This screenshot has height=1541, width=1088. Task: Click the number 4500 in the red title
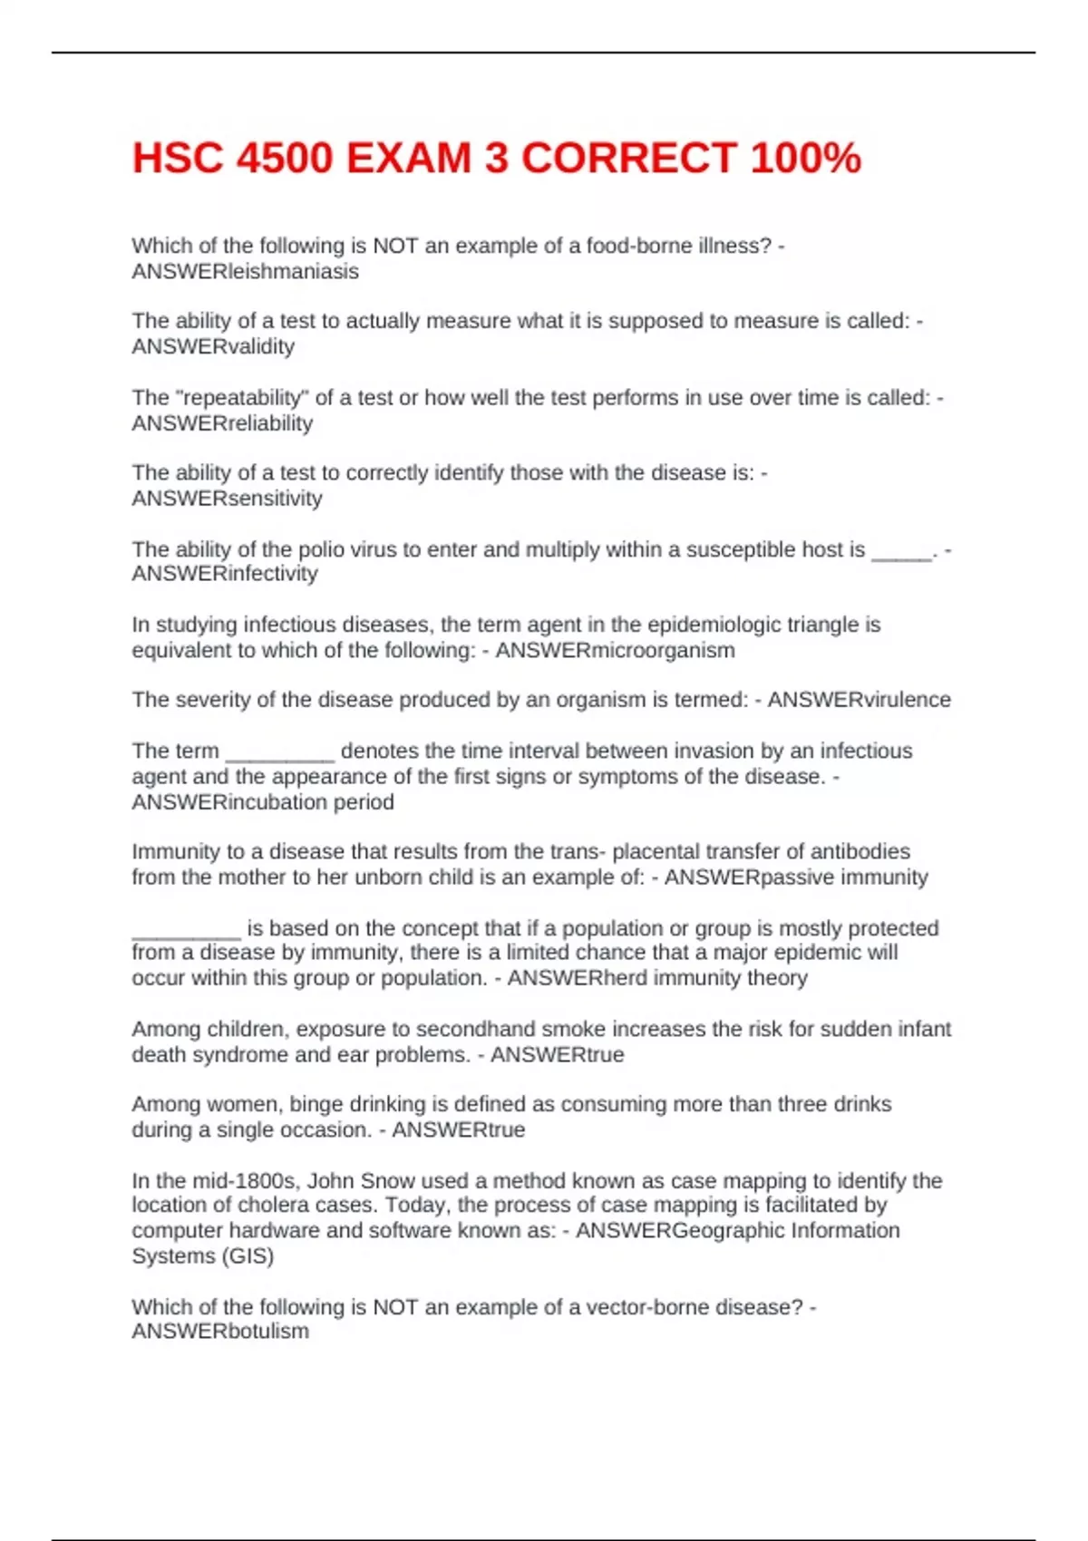(285, 159)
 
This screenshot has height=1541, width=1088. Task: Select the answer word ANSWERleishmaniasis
(245, 271)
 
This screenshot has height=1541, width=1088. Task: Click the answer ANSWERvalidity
(213, 346)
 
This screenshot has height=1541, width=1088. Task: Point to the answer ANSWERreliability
(222, 422)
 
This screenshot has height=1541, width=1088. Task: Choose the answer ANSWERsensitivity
(227, 498)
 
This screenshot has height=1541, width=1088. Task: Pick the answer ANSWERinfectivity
(225, 573)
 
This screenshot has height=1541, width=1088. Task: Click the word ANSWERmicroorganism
(615, 650)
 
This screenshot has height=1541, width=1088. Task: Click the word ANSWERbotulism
(220, 1331)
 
